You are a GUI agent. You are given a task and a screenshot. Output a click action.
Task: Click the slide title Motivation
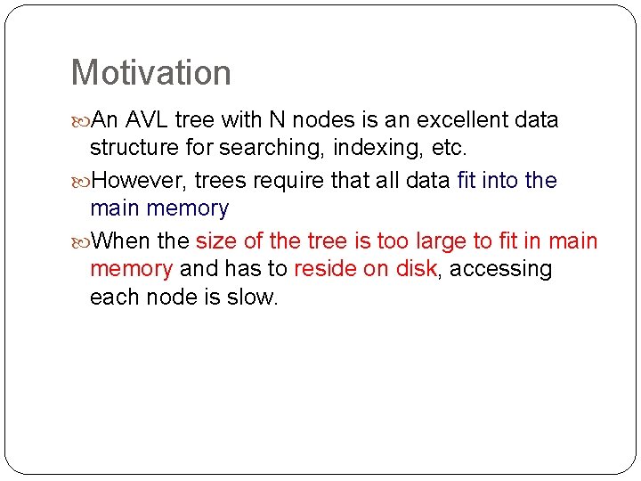click(150, 73)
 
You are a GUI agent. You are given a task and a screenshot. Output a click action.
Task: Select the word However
click(138, 181)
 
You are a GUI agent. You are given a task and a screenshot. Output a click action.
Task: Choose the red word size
click(216, 241)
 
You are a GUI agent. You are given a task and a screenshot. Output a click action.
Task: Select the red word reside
click(324, 268)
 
